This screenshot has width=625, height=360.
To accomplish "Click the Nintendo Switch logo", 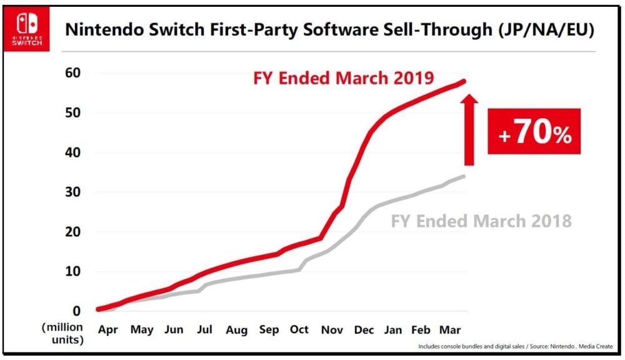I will click(27, 29).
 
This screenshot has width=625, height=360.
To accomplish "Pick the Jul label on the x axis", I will click(204, 330).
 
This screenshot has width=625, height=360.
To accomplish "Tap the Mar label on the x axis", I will click(452, 330).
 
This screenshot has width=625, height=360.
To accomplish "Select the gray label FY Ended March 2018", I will click(481, 221).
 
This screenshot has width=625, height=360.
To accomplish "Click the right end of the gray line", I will click(464, 176).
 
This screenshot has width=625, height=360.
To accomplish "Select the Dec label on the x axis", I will click(364, 330).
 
